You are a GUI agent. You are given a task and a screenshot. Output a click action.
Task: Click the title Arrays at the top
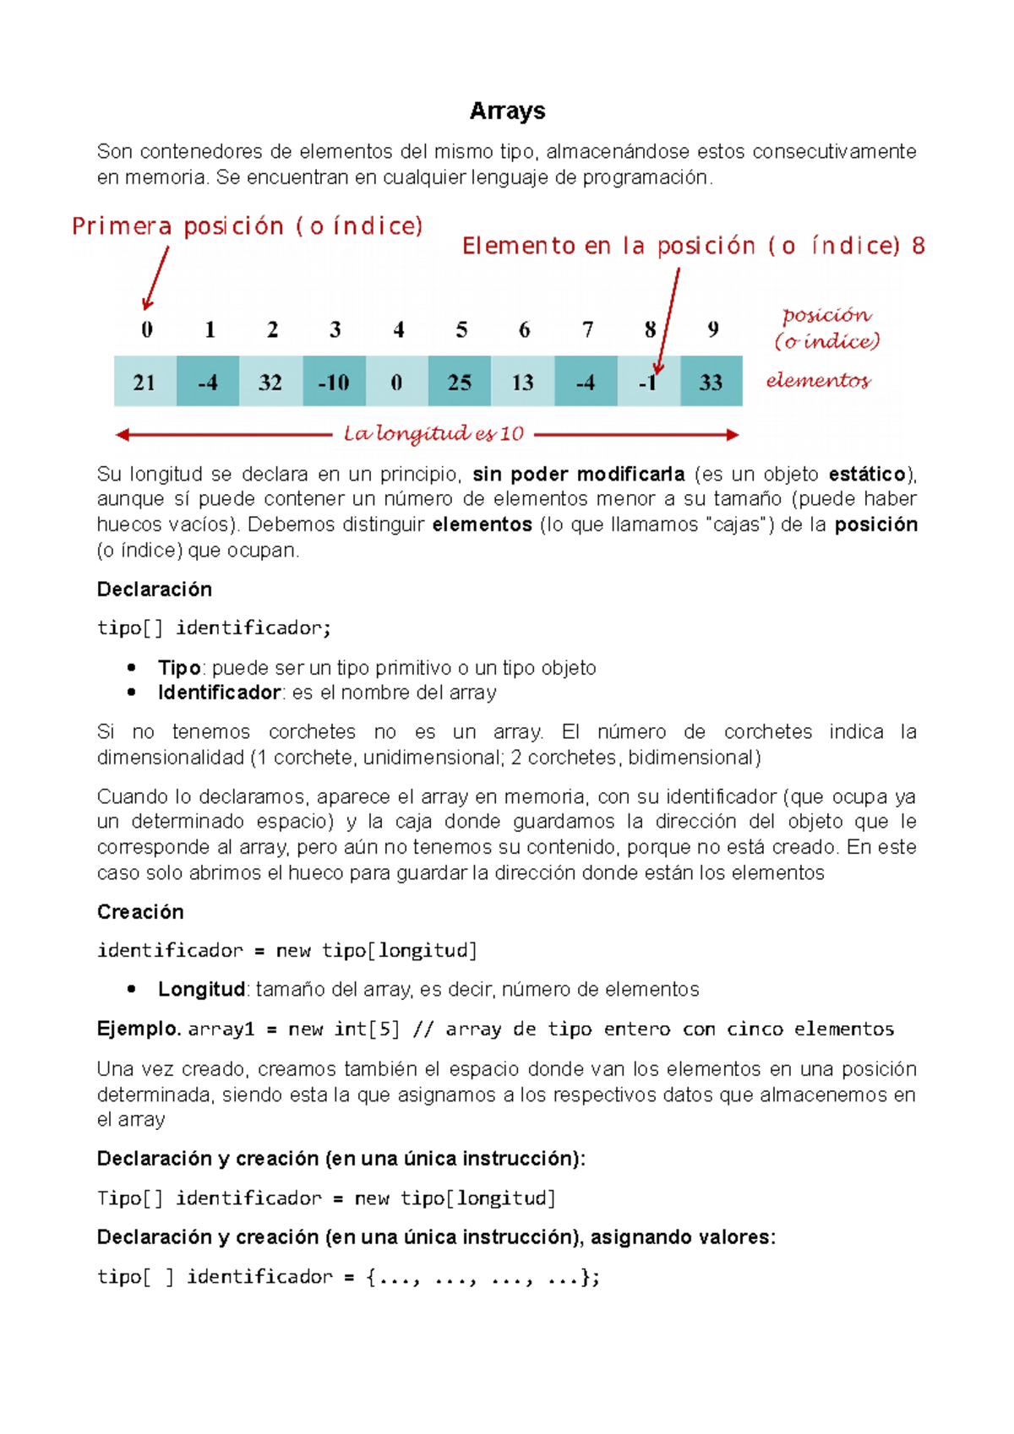[507, 111]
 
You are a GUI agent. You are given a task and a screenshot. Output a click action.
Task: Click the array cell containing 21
[144, 382]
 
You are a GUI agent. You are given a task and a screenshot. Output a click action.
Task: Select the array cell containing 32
[270, 382]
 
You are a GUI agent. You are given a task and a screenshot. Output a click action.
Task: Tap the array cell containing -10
[334, 382]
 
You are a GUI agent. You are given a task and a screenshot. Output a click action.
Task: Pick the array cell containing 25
[459, 382]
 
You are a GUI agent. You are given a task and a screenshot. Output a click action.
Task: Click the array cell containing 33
[711, 382]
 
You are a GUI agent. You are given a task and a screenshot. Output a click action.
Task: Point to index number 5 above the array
[461, 329]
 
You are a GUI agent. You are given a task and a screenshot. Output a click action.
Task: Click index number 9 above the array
[713, 329]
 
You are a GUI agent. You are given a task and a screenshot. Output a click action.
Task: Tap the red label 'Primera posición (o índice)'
[247, 226]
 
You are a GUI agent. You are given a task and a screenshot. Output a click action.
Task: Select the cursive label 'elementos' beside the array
[817, 381]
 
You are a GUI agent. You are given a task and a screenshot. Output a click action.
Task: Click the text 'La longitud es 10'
[433, 434]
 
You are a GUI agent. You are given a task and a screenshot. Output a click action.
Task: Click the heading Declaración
[154, 589]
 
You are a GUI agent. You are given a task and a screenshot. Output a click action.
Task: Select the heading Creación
[140, 912]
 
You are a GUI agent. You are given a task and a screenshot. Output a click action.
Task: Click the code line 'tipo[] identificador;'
[214, 627]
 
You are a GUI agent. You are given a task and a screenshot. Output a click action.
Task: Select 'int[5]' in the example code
[367, 1029]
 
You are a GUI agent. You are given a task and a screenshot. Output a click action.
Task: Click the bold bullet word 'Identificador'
[219, 693]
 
